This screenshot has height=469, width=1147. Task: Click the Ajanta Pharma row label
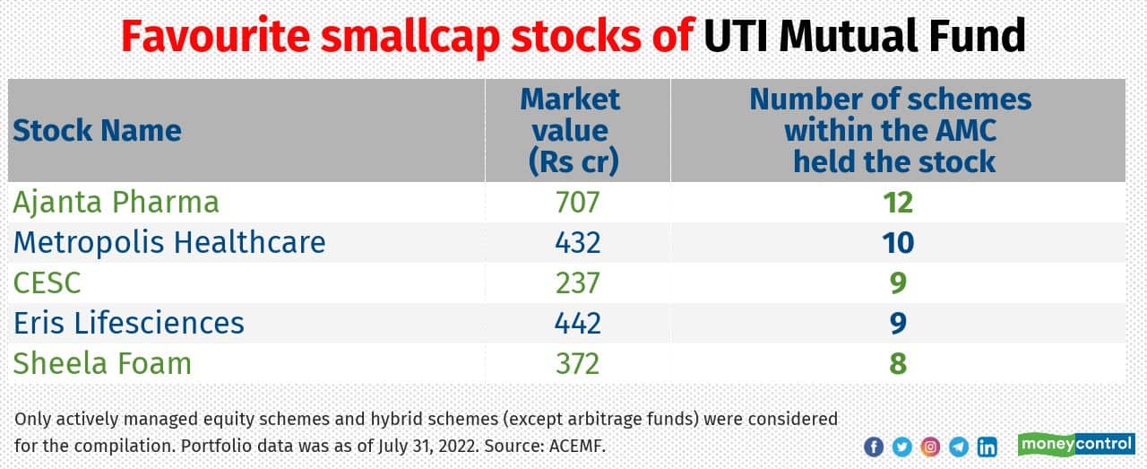[x=116, y=202]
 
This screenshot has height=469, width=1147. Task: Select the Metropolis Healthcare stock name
[x=169, y=242]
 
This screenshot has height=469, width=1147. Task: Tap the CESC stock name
[x=47, y=282]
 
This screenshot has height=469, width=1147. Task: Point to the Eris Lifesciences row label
[x=128, y=323]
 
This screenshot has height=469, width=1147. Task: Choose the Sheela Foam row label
[x=102, y=363]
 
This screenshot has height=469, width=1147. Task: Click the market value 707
[x=577, y=202]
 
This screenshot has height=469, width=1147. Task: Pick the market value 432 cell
[x=577, y=242]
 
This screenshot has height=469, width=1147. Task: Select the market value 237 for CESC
[x=577, y=282]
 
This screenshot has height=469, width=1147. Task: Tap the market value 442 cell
[x=577, y=323]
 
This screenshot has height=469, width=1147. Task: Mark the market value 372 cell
[x=577, y=363]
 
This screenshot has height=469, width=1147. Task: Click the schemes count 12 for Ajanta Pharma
[x=897, y=202]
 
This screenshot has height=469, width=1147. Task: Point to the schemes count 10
[x=897, y=242]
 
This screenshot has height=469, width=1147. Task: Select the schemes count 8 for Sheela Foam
[x=897, y=363]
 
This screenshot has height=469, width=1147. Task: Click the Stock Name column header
[x=97, y=131]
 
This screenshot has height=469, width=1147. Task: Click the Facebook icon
[x=874, y=447]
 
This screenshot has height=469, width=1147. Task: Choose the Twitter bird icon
[x=902, y=447]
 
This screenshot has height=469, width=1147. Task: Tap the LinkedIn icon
[x=987, y=447]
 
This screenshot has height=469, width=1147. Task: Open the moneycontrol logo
[x=1076, y=445]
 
